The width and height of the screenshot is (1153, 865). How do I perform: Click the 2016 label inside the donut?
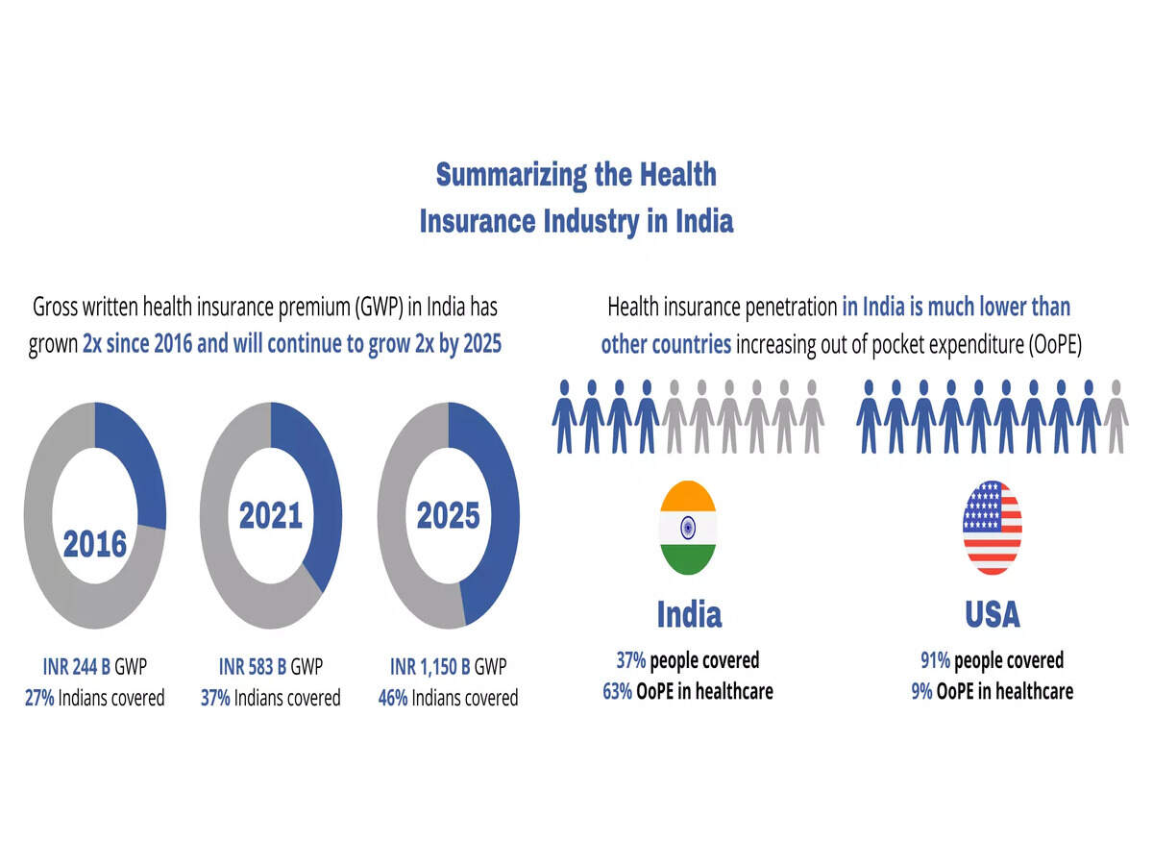95,544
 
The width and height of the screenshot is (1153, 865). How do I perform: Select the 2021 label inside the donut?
271,516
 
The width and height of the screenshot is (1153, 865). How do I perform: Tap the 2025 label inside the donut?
448,516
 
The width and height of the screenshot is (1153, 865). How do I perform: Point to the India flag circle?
687,528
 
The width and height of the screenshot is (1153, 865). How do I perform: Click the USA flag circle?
992,528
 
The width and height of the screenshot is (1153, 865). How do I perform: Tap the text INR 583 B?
253,667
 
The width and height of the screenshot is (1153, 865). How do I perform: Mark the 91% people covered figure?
935,660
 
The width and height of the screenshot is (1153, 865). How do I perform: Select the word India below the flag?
689,614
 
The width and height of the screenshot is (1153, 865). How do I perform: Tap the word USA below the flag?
993,614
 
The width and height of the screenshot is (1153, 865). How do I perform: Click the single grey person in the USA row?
1116,415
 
